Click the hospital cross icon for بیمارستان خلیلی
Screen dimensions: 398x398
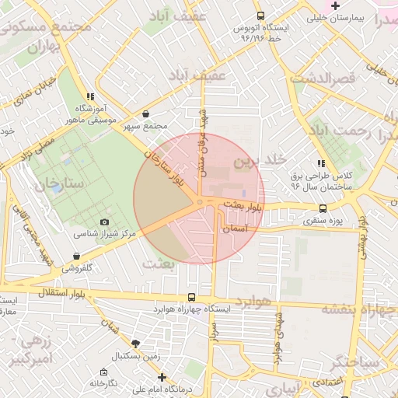[335, 6]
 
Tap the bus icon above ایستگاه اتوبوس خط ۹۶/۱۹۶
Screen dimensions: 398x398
[260, 16]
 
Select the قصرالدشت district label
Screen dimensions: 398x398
[323, 79]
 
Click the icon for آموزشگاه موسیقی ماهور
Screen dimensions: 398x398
[91, 97]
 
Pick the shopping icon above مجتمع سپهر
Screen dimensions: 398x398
[146, 114]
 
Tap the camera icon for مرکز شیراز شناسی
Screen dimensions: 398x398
[105, 222]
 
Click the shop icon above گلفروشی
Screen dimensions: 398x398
[76, 256]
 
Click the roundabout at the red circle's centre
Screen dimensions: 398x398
[200, 202]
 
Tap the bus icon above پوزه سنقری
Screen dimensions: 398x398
[323, 208]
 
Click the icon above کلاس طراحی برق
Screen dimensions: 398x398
[320, 163]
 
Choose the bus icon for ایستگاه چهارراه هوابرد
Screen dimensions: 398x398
[191, 297]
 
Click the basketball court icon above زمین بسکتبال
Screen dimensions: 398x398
[136, 343]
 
